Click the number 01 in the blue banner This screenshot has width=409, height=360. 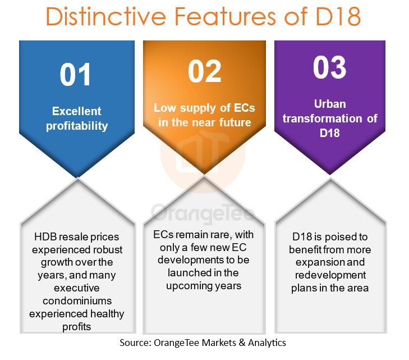[x=75, y=75]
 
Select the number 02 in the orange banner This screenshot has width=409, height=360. [x=204, y=71]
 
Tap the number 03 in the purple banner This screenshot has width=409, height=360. [x=330, y=67]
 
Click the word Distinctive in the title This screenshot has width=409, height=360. [x=106, y=16]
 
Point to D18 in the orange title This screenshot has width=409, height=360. [x=338, y=16]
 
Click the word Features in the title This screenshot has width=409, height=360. [x=225, y=16]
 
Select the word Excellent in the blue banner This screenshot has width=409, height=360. [x=77, y=111]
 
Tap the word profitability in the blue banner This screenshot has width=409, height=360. [x=77, y=126]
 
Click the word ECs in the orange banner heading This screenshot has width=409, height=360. [x=245, y=108]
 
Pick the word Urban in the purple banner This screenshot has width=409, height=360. [x=330, y=104]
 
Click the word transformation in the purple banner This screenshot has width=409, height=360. [x=323, y=119]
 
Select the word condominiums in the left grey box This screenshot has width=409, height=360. [x=77, y=301]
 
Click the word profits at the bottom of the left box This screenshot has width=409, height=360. [x=77, y=327]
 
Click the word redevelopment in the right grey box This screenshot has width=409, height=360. [x=330, y=275]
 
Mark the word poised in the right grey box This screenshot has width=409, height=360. [x=341, y=237]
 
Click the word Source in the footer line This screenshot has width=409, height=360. [x=135, y=343]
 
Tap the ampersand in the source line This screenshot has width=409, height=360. [x=242, y=343]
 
